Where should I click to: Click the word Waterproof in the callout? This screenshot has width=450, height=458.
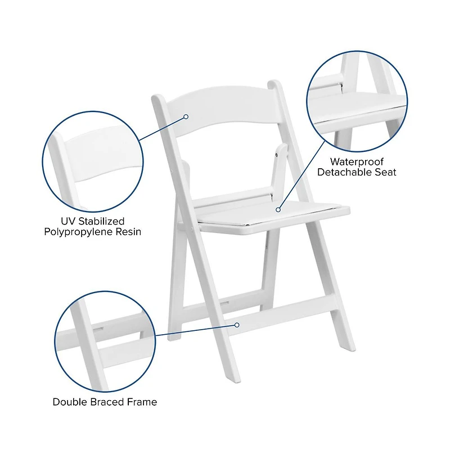coord(356,162)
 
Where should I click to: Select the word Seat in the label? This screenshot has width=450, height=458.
coord(385,172)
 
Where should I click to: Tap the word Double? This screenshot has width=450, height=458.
coord(70,402)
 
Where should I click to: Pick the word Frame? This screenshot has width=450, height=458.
coord(142,402)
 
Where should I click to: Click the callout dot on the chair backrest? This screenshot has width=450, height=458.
coord(186,117)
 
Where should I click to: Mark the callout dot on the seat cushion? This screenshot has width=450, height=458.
coord(278,209)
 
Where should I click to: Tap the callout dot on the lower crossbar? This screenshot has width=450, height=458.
coord(237,325)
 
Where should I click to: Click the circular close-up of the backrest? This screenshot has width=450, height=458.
coord(93,160)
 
